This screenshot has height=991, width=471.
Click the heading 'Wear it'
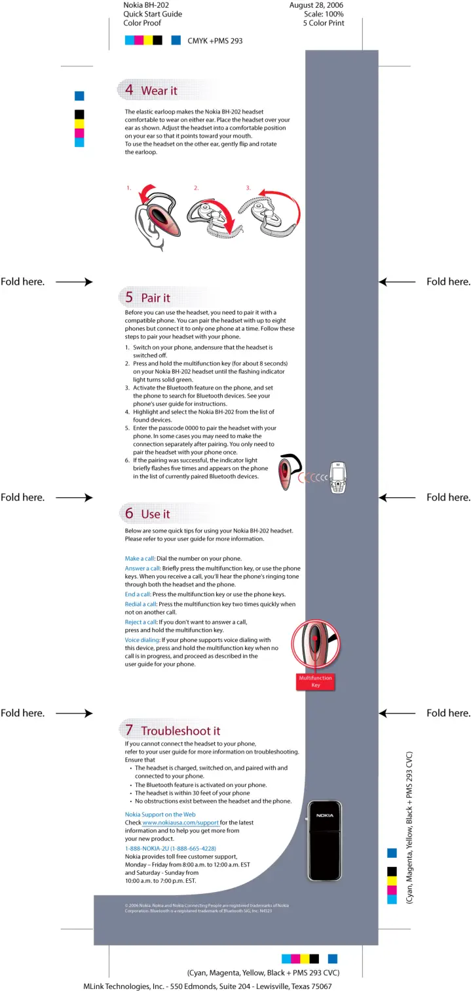coord(159,91)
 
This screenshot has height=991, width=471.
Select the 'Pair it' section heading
coord(155,298)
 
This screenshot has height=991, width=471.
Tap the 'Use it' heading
coord(155,514)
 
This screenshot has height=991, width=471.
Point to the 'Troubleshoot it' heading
coord(180,731)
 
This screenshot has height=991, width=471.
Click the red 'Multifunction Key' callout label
coord(315,681)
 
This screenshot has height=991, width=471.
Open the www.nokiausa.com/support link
coord(180,822)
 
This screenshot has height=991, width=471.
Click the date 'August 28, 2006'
coord(316,5)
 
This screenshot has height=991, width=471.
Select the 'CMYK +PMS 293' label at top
coord(215,41)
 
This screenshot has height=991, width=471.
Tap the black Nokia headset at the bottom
coord(324,840)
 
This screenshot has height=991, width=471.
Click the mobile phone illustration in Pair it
coord(337,479)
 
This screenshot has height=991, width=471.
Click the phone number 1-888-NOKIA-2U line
coord(170,848)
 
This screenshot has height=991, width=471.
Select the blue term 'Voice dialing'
coord(142,639)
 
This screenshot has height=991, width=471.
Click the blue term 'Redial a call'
coord(141,604)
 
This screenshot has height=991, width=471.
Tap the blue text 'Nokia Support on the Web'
coord(160,814)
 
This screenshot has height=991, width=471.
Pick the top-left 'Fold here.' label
coord(22,282)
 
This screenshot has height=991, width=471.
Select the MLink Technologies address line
coord(207,986)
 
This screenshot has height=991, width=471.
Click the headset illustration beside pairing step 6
coord(288,474)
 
